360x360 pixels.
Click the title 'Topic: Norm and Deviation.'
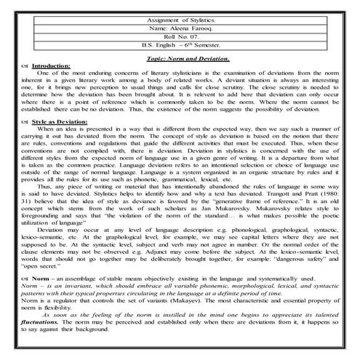click(x=188, y=58)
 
